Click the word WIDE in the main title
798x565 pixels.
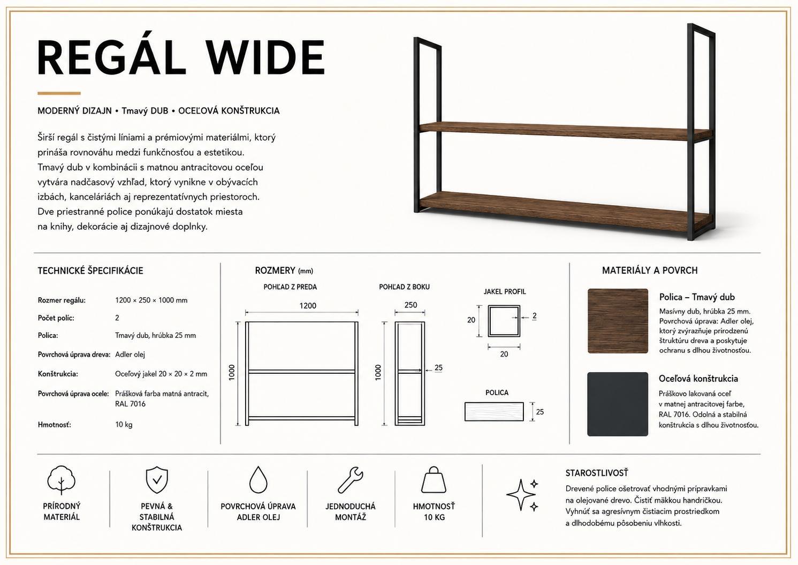coord(266,57)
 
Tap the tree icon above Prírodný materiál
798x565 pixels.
coord(61,480)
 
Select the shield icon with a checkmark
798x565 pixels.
coord(157,479)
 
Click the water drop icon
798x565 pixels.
coord(258,479)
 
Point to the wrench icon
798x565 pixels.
coord(350,480)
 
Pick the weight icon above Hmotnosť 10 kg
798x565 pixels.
coord(434,479)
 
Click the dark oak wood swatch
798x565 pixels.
coord(618,321)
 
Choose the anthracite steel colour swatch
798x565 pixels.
coord(618,404)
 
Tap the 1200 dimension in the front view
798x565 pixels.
coord(307,305)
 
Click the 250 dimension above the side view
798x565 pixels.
coord(411,305)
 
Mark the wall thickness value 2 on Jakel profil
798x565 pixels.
coord(534,315)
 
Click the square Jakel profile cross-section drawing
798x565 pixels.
coord(504,321)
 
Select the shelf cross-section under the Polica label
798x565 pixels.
coord(494,411)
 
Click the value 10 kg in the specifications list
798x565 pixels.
coord(124,424)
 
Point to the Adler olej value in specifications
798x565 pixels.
coord(130,355)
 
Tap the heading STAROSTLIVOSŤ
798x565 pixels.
coord(597,473)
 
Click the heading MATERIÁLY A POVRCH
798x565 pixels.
coord(650,270)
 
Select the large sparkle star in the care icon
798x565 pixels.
coord(520,495)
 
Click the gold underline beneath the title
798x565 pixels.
coord(59,93)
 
